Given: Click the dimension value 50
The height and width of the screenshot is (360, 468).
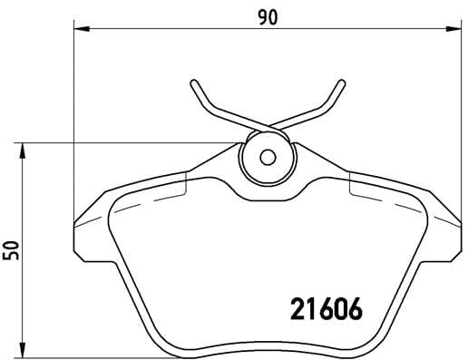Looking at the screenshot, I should click(x=12, y=248).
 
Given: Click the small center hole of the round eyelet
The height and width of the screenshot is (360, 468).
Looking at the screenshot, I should click(x=267, y=156).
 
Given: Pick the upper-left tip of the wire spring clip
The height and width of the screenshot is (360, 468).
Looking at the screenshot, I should click(x=193, y=83).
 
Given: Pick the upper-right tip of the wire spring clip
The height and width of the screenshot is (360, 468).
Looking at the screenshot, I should click(x=341, y=83).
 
